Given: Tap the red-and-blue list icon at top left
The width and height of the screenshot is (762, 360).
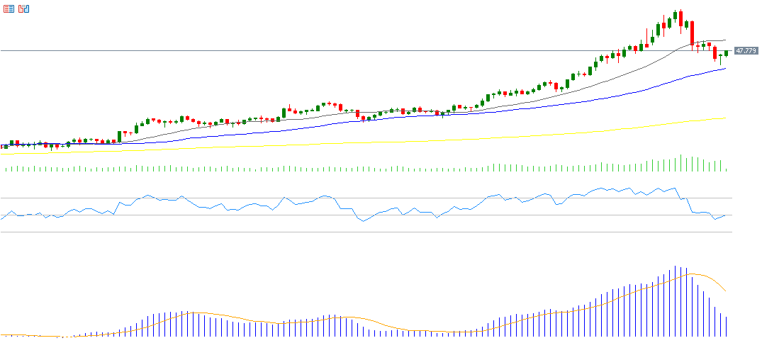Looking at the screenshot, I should tap(9, 9).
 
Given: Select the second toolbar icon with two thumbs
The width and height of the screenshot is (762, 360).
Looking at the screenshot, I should tap(24, 9).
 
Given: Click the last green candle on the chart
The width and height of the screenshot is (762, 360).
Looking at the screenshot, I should tap(726, 53).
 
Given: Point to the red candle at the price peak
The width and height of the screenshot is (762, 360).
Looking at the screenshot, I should tap(680, 19).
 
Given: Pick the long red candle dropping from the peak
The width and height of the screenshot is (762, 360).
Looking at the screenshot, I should tap(692, 35).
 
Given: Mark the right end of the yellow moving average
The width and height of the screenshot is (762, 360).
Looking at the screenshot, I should tap(725, 118).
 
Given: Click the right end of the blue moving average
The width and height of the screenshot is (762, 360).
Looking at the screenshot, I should tap(725, 69).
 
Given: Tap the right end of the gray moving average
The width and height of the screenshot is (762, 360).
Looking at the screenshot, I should tap(725, 40).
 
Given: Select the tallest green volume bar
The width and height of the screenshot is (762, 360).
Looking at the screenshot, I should tap(680, 163).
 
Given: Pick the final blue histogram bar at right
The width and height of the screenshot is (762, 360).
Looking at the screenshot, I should tap(726, 326).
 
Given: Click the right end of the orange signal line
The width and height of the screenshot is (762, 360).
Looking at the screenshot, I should tap(725, 291).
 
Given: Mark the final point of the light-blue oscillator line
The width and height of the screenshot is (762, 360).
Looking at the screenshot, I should tap(725, 215).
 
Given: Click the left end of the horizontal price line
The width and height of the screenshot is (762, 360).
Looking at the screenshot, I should tap(2, 51).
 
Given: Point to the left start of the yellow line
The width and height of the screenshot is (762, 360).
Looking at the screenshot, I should tap(2, 153).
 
